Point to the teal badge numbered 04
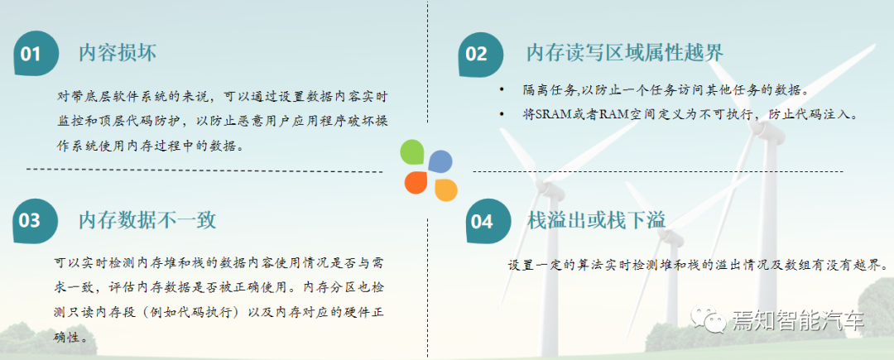click(x=482, y=221)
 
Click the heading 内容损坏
click(x=118, y=53)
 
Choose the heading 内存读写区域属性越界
click(x=625, y=53)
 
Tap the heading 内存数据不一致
click(x=147, y=219)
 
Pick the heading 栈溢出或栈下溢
click(x=596, y=219)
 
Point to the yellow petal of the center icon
click(x=445, y=190)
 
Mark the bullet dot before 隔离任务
click(x=502, y=90)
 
